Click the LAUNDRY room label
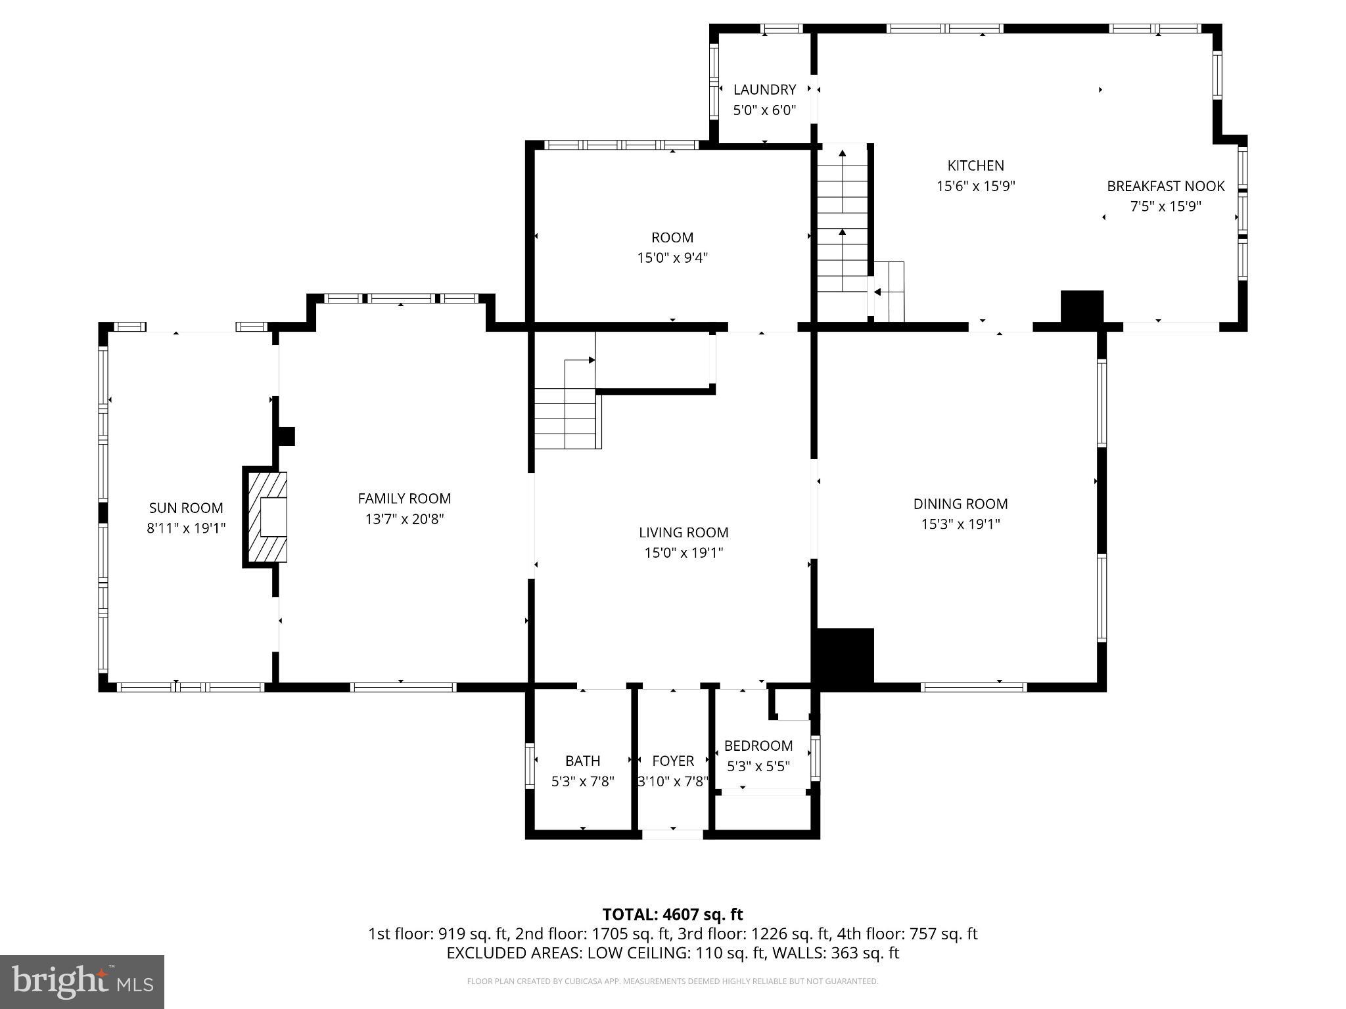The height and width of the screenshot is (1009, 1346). point(764,89)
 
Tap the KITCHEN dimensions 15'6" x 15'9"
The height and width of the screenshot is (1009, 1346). point(975,187)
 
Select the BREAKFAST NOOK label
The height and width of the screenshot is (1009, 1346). point(1165,186)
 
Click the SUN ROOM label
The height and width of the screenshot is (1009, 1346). point(186,508)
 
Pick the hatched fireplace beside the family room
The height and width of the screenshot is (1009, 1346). point(267,517)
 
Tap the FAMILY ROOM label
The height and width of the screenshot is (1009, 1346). point(404,499)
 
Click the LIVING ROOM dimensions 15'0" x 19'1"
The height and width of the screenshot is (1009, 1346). point(684,553)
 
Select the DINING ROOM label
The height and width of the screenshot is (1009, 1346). point(960,504)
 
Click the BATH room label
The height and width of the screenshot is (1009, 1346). point(582,761)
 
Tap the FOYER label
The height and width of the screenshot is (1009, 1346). point(672,761)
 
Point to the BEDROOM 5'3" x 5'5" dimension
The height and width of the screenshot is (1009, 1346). point(758,767)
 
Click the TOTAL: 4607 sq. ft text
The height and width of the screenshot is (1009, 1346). point(672,914)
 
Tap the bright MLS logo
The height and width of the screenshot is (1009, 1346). point(81,981)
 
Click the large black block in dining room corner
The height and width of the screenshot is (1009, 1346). point(845,657)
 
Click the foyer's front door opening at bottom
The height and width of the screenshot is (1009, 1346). point(672,834)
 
